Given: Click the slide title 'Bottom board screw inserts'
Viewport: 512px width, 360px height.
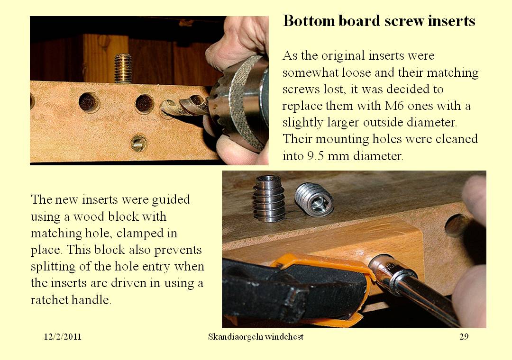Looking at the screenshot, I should pos(379,21).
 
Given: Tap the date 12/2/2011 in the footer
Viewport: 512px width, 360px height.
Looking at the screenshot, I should pos(63,337).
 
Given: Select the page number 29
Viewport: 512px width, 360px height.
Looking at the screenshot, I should pos(464,337).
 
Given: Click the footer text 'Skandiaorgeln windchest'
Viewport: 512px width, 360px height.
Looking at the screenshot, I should pos(256,337).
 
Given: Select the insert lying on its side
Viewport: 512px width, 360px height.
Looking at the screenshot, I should pos(314,198).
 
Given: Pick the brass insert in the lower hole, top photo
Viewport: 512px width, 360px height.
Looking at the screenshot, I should pos(138,143).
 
